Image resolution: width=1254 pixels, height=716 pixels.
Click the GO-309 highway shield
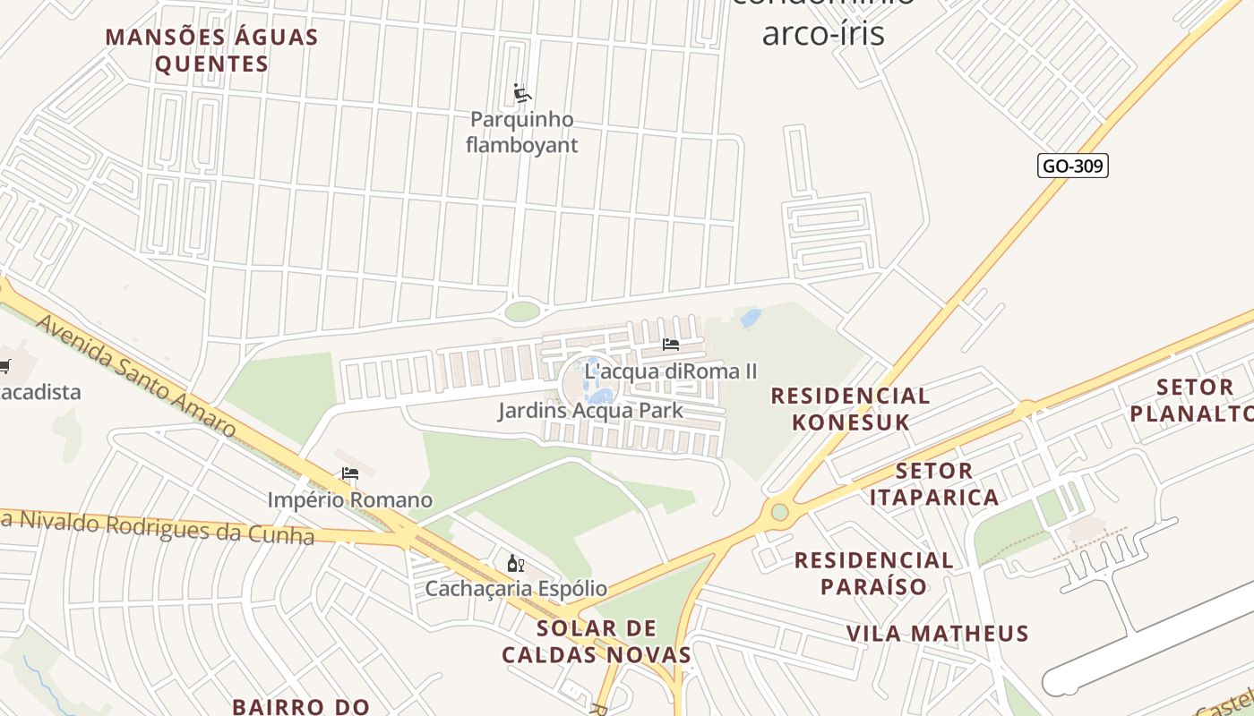pos(1073,166)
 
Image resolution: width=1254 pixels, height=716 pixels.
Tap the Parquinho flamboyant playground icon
pos(522,93)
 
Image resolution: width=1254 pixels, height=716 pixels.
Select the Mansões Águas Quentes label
pos(212,50)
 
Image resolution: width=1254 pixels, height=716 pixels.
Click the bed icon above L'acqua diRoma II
pos(671,344)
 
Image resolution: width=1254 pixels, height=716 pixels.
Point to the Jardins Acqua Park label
pos(590,411)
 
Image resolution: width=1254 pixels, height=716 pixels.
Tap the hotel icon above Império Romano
pos(350,473)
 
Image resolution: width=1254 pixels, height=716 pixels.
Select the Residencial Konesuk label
pos(850,408)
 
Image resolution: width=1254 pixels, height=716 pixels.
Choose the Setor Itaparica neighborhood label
pos(934,483)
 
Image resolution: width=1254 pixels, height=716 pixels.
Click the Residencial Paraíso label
pos(874,573)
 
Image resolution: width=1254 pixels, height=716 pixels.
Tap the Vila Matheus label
pos(938,634)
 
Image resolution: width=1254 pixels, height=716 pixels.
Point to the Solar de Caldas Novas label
pos(597,641)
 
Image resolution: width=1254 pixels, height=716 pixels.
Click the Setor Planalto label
pos(1193,400)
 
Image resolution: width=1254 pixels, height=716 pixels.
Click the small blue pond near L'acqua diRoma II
pos(751,318)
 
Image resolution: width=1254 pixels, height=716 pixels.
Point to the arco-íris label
pos(822,33)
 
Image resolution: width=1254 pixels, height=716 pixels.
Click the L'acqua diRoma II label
pos(671,371)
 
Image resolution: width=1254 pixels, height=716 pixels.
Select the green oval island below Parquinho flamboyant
pos(522,311)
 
